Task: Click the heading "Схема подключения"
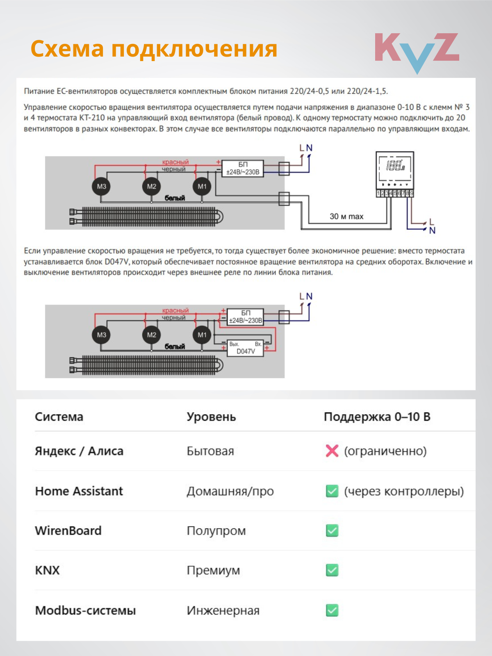(x=154, y=49)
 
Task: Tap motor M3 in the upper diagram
(x=101, y=187)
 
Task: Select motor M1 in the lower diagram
(x=202, y=335)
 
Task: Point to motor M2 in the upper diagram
(x=151, y=187)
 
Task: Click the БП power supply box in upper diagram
(x=243, y=168)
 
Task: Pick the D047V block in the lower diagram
(x=245, y=348)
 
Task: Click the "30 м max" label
(x=346, y=216)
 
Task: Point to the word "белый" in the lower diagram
(x=175, y=346)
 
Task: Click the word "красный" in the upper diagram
(x=175, y=162)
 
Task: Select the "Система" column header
(x=59, y=417)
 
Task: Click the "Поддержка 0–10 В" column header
(x=377, y=417)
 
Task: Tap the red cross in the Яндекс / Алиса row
(x=332, y=451)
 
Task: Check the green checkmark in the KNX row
(x=332, y=570)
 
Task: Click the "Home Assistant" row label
(x=79, y=491)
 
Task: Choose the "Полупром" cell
(x=216, y=531)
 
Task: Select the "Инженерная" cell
(x=223, y=610)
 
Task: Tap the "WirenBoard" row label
(x=68, y=531)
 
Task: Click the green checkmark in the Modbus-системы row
(x=332, y=610)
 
